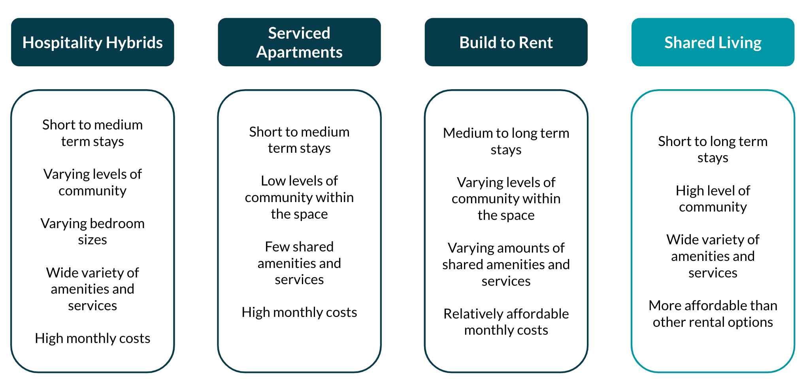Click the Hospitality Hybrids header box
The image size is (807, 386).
[92, 42]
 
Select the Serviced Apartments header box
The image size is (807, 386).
[299, 42]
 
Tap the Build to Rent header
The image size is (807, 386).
[506, 42]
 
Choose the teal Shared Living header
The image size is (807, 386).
[713, 42]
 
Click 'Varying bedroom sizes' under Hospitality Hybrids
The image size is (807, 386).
[92, 231]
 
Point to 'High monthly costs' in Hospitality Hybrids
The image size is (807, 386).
[92, 338]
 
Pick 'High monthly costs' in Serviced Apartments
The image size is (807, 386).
[299, 312]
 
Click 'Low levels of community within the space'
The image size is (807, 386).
[299, 197]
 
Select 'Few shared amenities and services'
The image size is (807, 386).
[299, 263]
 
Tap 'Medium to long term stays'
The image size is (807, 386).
[506, 141]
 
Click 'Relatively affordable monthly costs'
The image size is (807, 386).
[506, 322]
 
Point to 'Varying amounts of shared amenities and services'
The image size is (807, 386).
[506, 264]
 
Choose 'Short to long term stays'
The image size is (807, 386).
[713, 149]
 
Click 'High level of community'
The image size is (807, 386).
[713, 199]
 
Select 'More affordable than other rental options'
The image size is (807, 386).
[713, 314]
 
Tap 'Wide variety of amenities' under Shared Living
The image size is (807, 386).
[713, 248]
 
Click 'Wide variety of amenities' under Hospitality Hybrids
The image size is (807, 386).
[92, 281]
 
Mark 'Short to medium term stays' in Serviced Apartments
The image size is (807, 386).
[299, 140]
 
